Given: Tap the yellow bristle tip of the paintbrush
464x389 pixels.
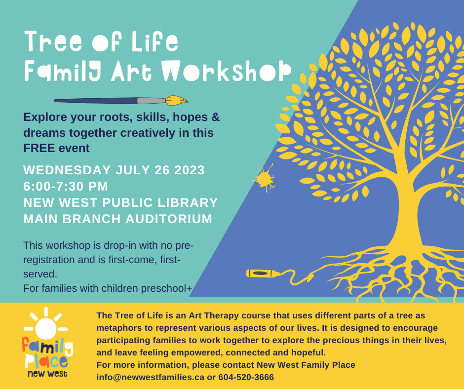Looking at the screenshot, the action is pyautogui.click(x=177, y=100).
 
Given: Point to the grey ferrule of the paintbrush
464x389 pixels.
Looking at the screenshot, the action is pyautogui.click(x=151, y=101).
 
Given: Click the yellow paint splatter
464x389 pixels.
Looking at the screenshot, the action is pyautogui.click(x=264, y=179).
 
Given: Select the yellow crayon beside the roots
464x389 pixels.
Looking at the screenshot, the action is pyautogui.click(x=264, y=273).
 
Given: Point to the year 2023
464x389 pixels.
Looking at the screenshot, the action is pyautogui.click(x=190, y=170).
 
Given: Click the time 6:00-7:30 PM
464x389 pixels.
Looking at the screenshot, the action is pyautogui.click(x=66, y=187).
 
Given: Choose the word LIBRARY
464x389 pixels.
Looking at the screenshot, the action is pyautogui.click(x=188, y=203).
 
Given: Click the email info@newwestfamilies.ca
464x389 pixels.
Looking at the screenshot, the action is pyautogui.click(x=151, y=377).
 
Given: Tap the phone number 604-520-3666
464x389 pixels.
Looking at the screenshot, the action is pyautogui.click(x=246, y=377).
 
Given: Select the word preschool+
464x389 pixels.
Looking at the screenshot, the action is pyautogui.click(x=167, y=288).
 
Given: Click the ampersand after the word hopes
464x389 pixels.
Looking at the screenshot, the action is pyautogui.click(x=216, y=117).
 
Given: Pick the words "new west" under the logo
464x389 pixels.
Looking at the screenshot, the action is pyautogui.click(x=47, y=374).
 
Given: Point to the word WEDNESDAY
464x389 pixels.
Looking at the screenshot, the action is pyautogui.click(x=67, y=170).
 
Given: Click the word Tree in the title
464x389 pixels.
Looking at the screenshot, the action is pyautogui.click(x=53, y=41).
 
